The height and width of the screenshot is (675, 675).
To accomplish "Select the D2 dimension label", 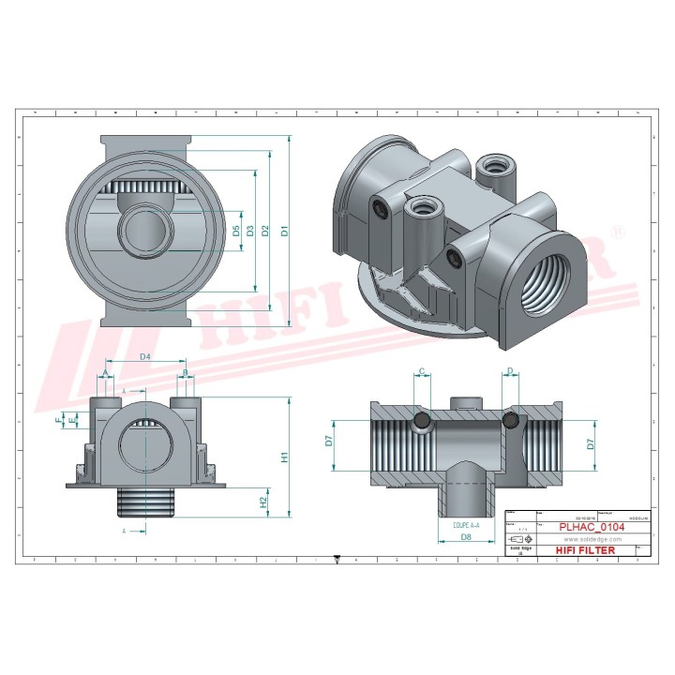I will (x=266, y=231).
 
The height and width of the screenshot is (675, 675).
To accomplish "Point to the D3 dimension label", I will (x=250, y=231).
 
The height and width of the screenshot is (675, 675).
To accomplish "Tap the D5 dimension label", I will (x=236, y=231).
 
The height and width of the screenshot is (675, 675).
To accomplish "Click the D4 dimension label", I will (x=145, y=357).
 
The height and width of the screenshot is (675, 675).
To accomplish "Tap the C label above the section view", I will (x=422, y=372).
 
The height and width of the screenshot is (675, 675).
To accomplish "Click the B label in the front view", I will (x=186, y=373).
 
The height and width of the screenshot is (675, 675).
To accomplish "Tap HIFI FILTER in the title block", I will (x=586, y=550).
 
